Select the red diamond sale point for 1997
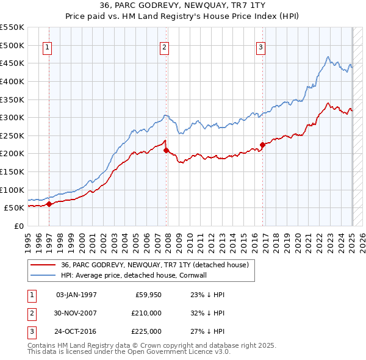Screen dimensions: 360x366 [49, 204]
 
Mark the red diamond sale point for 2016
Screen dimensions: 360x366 [262, 145]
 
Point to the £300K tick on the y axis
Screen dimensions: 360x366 [12, 117]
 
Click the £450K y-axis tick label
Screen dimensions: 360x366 [12, 63]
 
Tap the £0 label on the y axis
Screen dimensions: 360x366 [18, 226]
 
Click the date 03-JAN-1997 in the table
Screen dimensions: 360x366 [76, 295]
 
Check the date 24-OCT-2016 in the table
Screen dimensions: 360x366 [76, 332]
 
